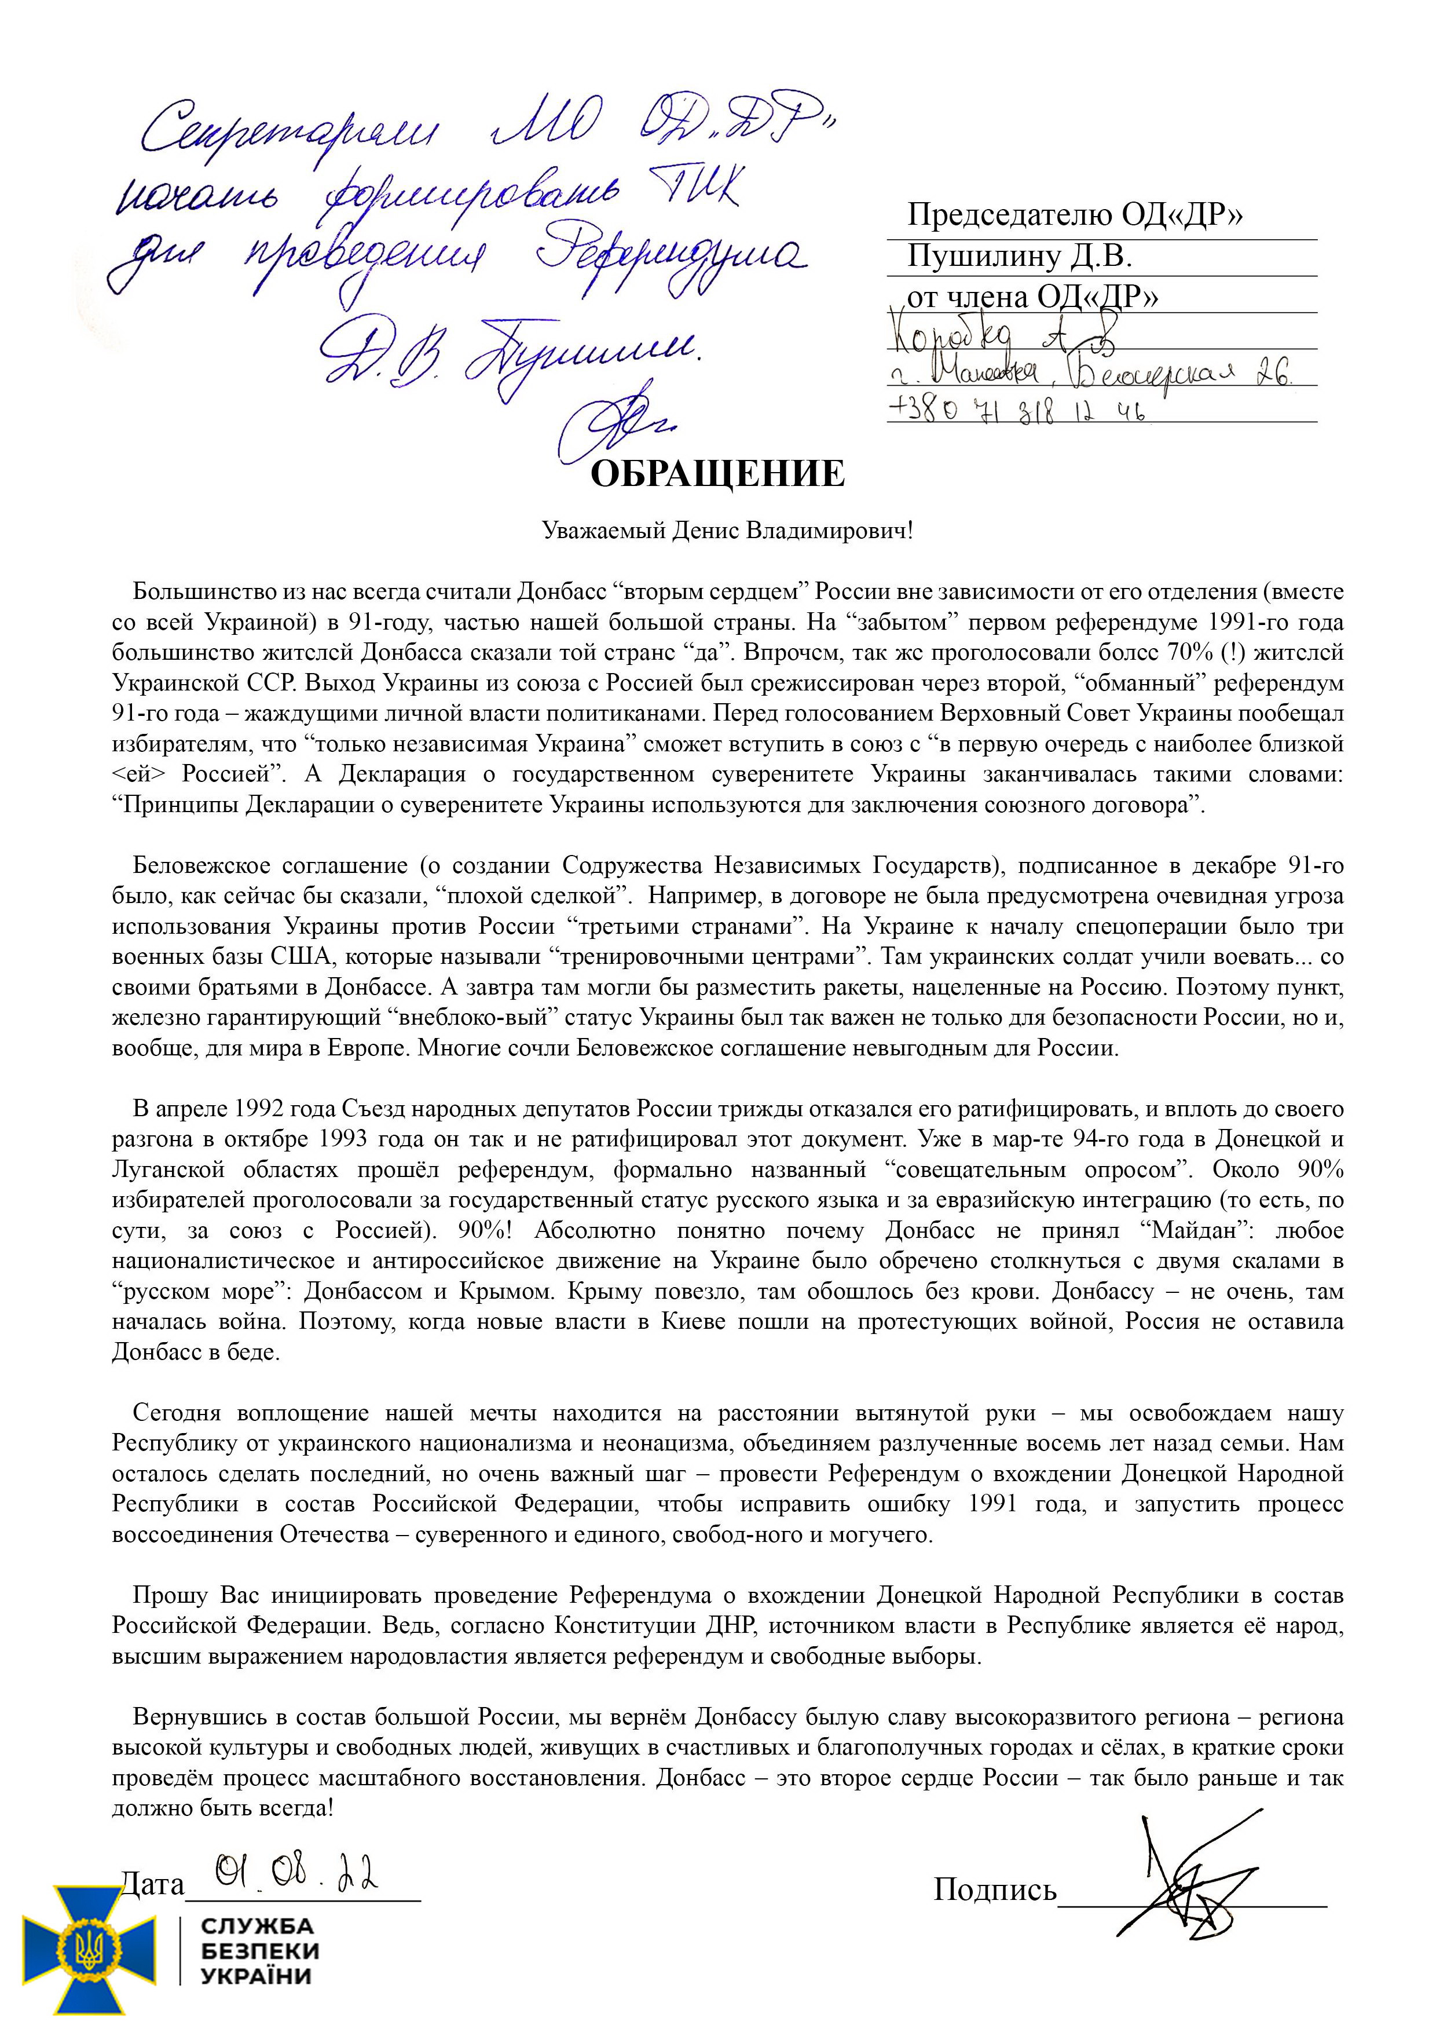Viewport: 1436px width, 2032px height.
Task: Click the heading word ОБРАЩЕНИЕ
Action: [x=717, y=474]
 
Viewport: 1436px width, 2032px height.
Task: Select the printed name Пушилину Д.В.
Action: [x=1019, y=257]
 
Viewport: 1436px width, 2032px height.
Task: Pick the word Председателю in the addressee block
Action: [x=1009, y=215]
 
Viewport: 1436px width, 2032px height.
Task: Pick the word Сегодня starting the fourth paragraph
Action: [x=175, y=1412]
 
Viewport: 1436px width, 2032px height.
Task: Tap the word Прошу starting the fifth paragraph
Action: [x=170, y=1595]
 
